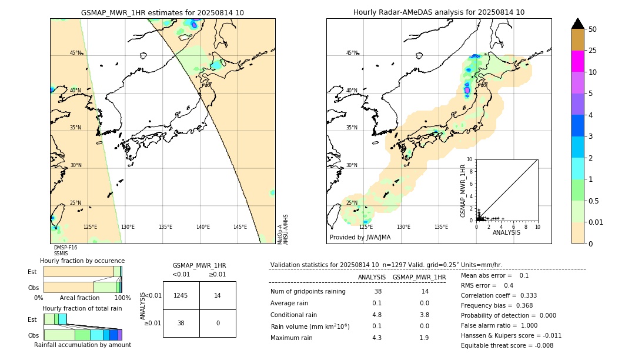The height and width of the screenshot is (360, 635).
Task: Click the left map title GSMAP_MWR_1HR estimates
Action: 162,12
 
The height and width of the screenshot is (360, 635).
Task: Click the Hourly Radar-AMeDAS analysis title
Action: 439,12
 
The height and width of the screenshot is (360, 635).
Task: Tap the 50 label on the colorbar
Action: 593,29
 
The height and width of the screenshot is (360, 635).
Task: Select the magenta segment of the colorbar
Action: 577,61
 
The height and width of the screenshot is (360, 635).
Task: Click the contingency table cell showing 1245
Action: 181,295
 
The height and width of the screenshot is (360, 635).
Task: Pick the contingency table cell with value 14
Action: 218,295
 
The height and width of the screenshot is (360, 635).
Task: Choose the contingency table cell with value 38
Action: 181,323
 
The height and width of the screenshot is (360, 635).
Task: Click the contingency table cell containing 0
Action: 218,323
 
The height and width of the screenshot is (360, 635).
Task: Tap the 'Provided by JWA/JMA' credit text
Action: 360,238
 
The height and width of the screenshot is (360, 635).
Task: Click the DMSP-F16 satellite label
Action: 65,248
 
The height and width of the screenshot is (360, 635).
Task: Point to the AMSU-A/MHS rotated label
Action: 285,229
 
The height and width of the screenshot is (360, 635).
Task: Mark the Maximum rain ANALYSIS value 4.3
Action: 377,338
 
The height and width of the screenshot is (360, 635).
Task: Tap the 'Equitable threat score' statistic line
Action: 507,345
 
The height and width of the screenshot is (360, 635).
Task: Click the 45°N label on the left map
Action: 75,53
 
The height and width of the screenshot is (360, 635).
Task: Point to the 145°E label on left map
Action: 240,227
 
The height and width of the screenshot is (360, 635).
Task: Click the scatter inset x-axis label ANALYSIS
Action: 506,232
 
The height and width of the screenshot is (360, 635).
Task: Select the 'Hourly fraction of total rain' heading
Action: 82,308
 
